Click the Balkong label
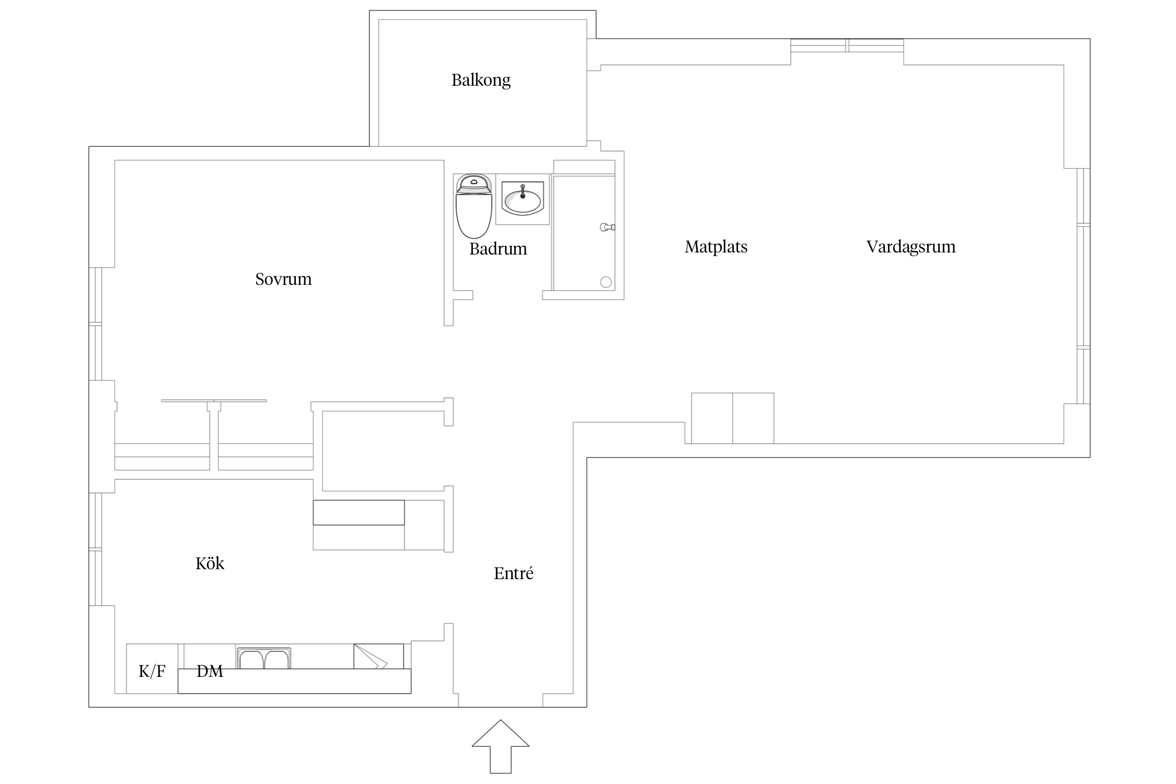coord(481,80)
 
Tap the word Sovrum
coord(283,279)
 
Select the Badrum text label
coord(498,249)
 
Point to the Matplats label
coord(716,247)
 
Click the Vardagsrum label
coord(911,247)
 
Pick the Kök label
coord(210,563)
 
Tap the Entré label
coord(514,573)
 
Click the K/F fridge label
coord(152,671)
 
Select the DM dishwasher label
coord(210,671)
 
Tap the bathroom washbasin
coord(522,199)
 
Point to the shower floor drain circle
coord(606,282)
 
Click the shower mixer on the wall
coord(607,227)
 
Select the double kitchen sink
coord(264,658)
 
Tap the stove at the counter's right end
coord(378,656)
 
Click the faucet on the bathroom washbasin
coord(523,191)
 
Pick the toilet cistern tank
coord(474,183)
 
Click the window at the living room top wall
coord(847,45)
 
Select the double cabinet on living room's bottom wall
coord(733,418)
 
